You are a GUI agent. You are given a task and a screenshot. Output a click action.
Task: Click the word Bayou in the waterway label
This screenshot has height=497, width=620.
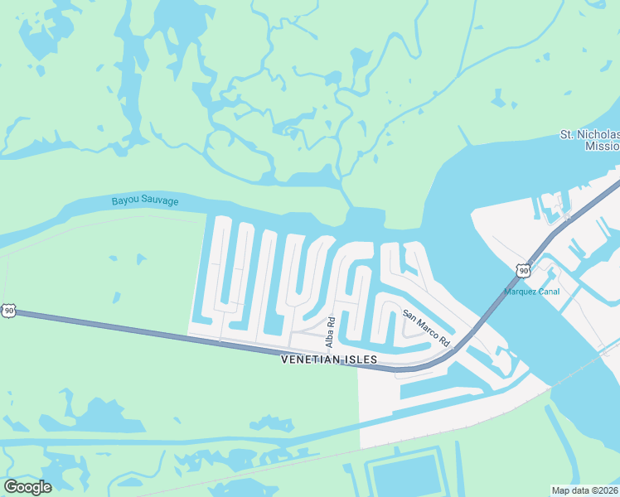tap(126, 200)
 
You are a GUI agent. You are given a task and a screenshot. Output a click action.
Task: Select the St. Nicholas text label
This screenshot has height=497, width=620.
tap(589, 134)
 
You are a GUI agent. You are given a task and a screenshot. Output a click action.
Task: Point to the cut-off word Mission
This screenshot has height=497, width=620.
tap(602, 146)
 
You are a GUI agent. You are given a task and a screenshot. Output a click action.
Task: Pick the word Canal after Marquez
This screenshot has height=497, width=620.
tap(549, 292)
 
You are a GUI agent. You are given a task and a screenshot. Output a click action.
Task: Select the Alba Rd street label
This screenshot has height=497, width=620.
tap(330, 331)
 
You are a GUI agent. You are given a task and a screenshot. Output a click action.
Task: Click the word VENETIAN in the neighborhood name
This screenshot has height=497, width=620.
tap(313, 359)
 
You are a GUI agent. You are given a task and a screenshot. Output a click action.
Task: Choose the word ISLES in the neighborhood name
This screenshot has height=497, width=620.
tap(362, 359)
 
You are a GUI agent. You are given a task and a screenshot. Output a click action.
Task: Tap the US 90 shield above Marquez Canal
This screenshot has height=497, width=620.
tap(521, 270)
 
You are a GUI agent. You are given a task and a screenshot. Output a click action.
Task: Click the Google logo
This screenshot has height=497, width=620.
tap(27, 487)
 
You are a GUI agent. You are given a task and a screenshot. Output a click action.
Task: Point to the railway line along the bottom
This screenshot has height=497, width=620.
tap(249, 472)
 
